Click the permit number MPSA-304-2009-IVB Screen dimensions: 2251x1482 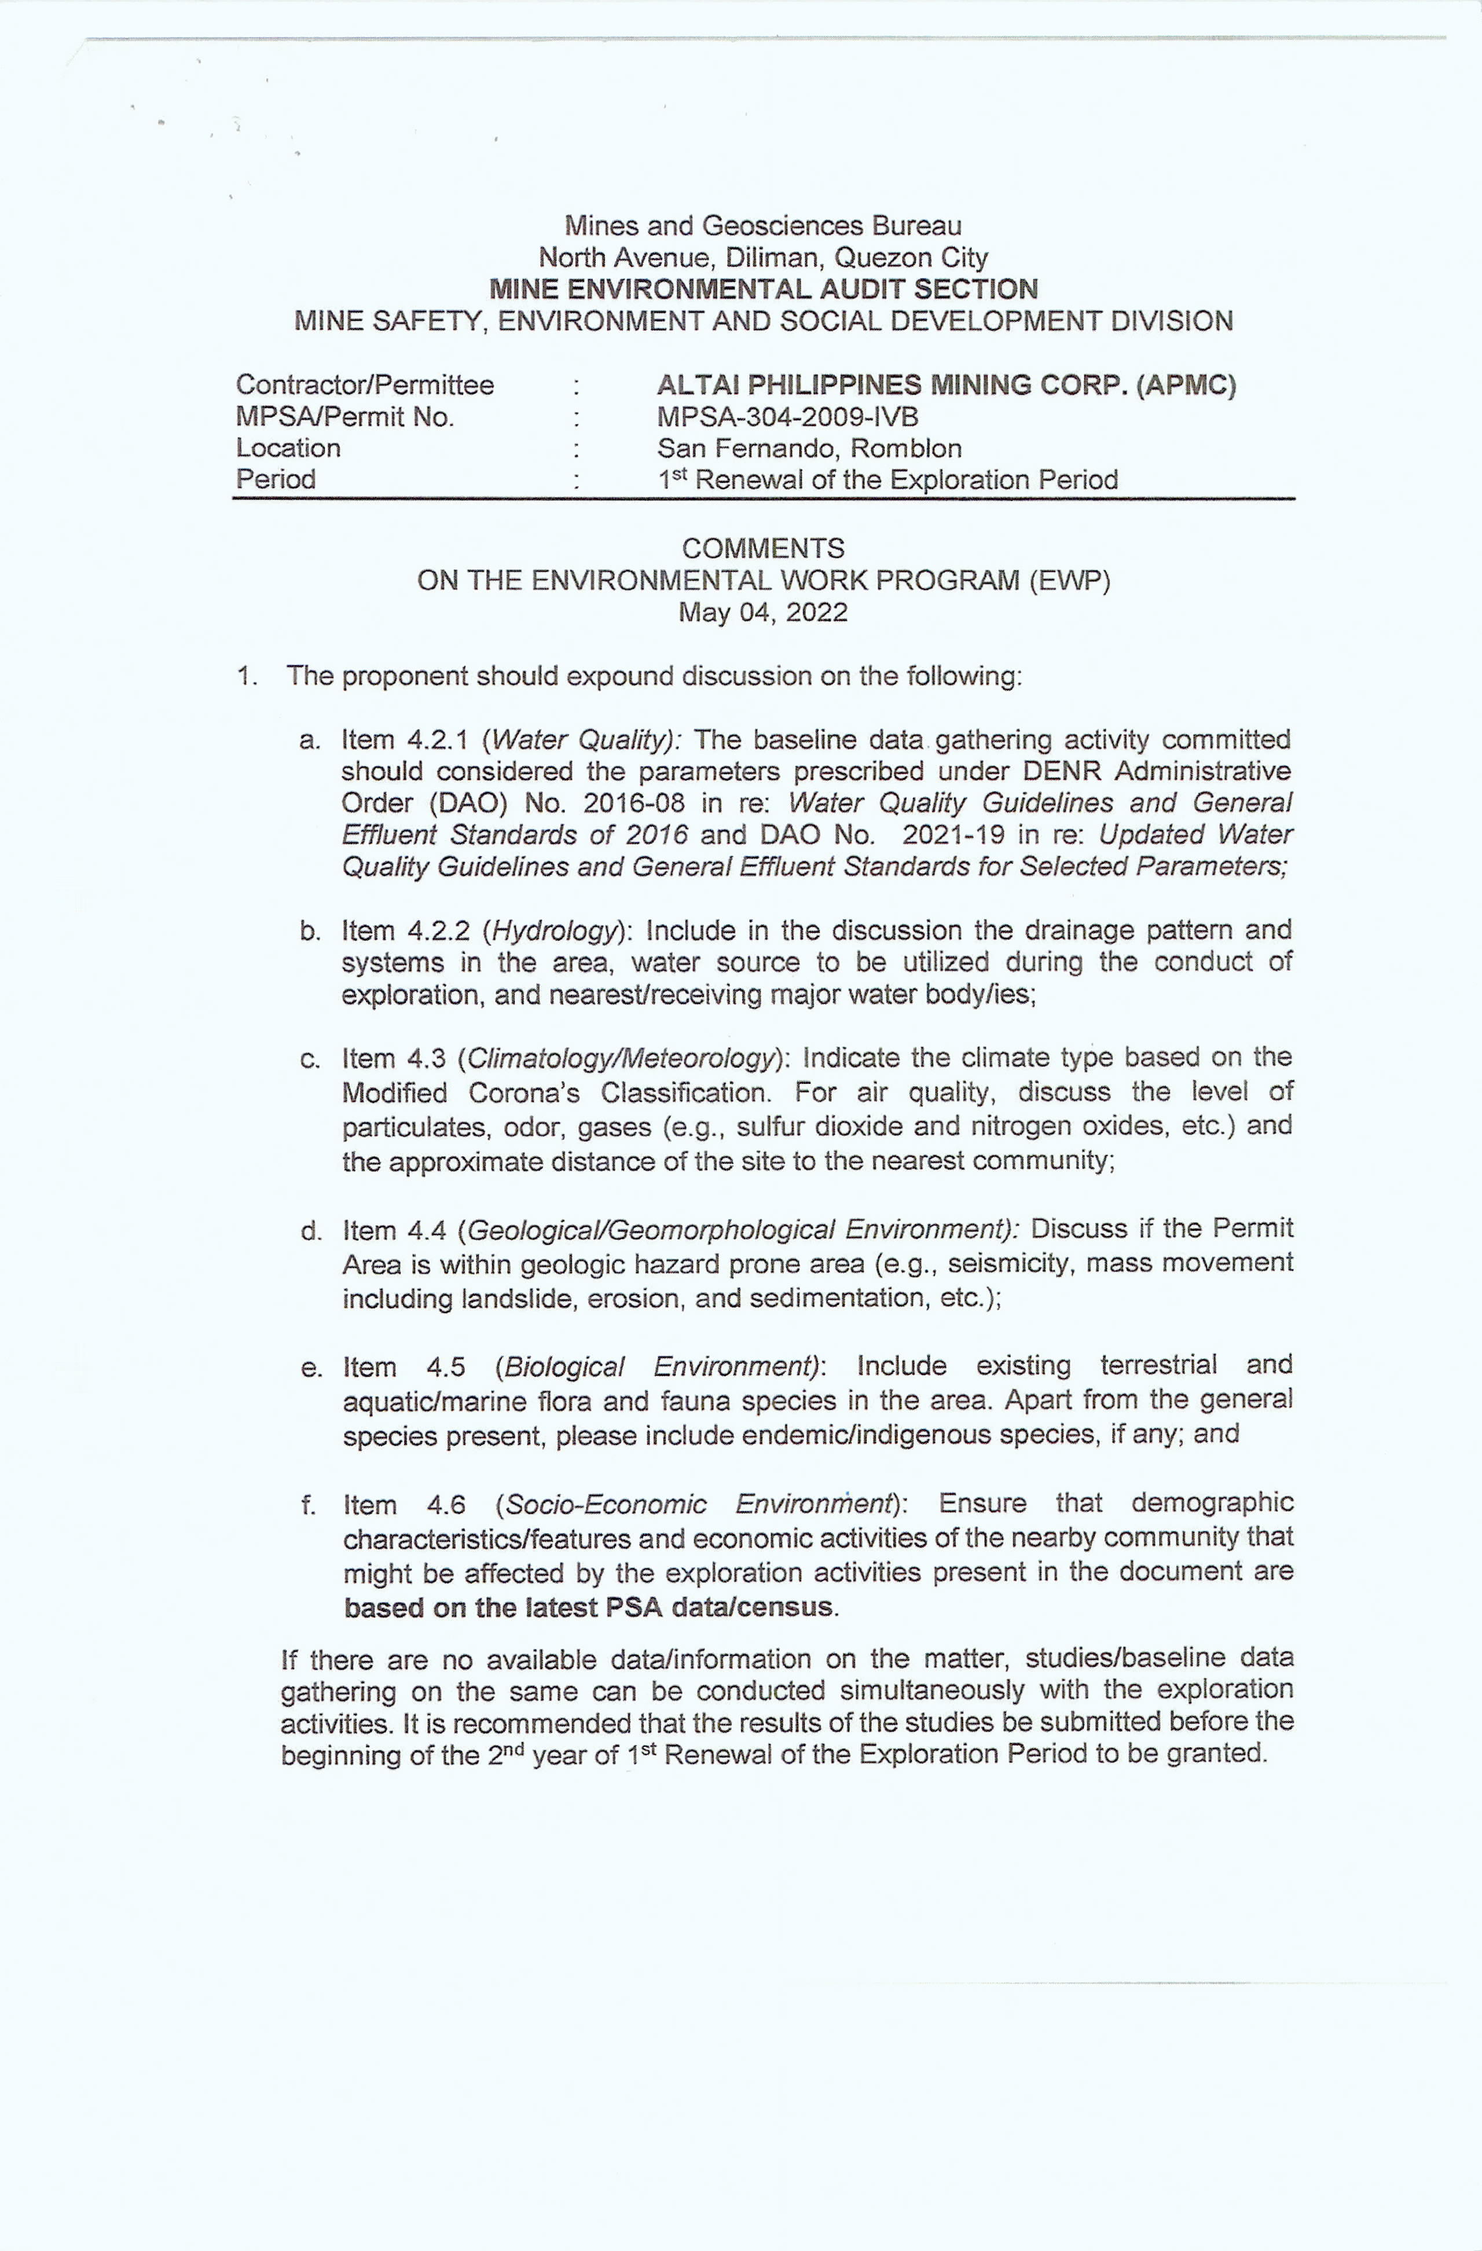click(x=788, y=417)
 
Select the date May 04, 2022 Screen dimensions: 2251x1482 click(x=762, y=613)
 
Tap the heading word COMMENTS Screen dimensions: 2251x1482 click(x=762, y=548)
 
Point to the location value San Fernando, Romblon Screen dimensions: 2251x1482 click(x=809, y=448)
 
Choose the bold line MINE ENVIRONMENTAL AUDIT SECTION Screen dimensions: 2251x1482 click(x=762, y=289)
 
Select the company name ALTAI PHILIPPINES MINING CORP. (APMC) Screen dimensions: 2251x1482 click(x=946, y=385)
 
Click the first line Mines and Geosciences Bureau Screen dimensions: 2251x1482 click(x=762, y=226)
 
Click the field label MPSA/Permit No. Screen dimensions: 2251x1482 click(x=345, y=417)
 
